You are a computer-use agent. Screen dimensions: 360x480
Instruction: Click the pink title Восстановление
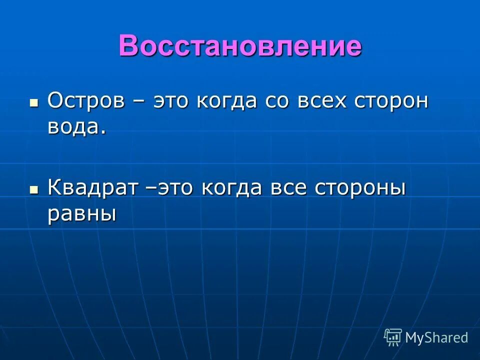(240, 46)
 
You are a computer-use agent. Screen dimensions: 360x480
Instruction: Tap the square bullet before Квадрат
(34, 190)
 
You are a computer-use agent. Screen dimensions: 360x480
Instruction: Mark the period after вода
(104, 132)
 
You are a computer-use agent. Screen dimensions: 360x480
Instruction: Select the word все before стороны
(289, 188)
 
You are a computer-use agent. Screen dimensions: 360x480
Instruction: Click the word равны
(82, 214)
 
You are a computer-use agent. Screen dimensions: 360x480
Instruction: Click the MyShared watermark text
(436, 337)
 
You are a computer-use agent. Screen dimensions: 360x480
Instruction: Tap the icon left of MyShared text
(393, 337)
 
